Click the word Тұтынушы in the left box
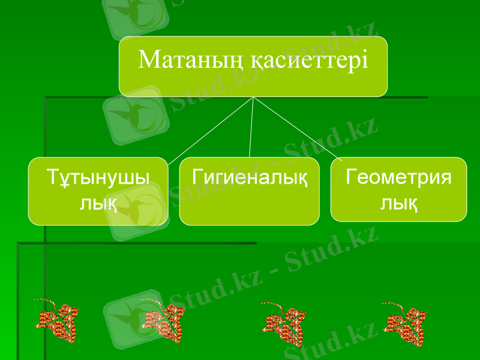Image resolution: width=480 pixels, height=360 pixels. [98, 179]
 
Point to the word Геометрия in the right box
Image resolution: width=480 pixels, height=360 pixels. [399, 178]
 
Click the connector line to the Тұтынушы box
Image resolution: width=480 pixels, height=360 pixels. [210, 129]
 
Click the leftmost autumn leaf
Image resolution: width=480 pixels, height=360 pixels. [57, 321]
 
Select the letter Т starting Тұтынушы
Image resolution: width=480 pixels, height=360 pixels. [52, 178]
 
